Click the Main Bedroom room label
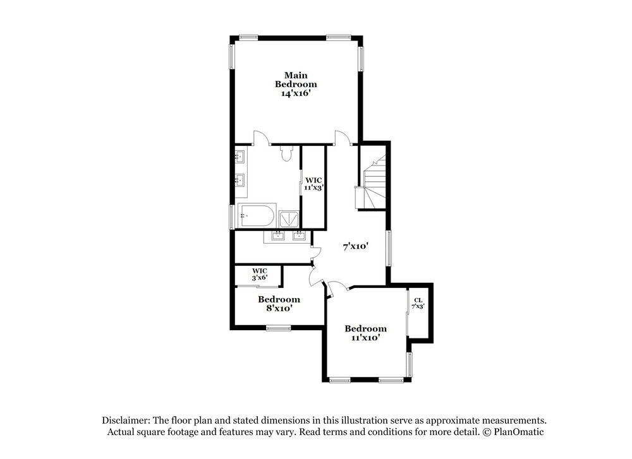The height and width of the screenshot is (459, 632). [296, 79]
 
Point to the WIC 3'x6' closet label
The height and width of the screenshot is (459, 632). [260, 274]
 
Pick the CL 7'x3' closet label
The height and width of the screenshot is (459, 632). [418, 303]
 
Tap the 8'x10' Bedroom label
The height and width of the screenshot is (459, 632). [278, 304]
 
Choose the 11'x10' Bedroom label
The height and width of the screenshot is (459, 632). [365, 333]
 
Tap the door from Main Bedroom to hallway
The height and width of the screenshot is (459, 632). [342, 138]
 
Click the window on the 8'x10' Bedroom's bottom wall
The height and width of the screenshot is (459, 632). [278, 327]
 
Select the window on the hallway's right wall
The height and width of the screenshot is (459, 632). [389, 246]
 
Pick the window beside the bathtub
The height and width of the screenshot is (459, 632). [231, 216]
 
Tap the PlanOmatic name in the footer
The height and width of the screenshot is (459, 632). [516, 432]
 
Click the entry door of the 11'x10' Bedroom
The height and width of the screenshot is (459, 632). [338, 287]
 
